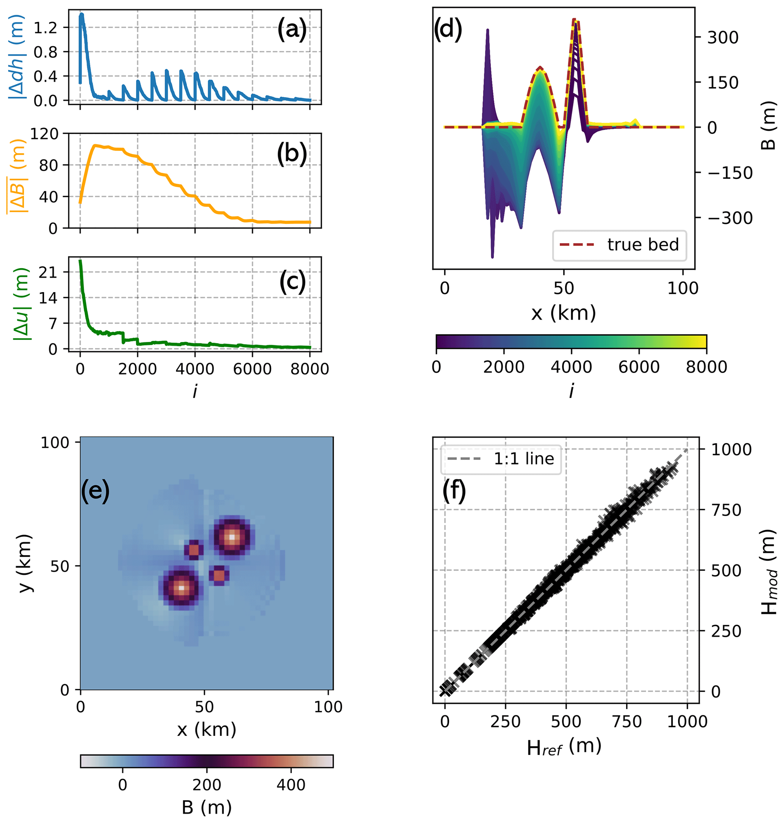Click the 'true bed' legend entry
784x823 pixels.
point(619,245)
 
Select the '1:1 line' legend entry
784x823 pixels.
point(500,459)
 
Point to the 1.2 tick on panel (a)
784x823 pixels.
point(45,28)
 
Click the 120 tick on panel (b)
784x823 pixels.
point(44,134)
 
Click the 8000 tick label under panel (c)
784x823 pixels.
point(310,369)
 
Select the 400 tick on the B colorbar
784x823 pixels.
point(291,785)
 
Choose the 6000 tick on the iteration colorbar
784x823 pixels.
point(639,367)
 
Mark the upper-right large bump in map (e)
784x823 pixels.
point(232,537)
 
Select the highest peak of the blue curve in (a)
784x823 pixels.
point(82,15)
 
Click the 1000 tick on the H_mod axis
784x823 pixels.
point(731,450)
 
